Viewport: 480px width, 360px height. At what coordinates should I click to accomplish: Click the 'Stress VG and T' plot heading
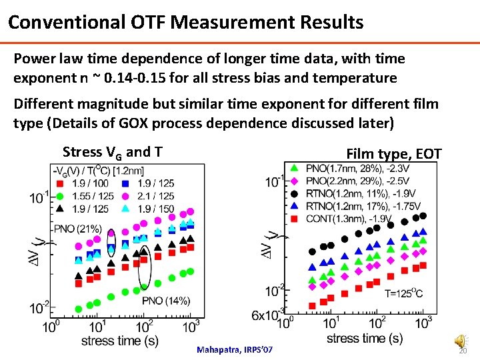tap(111, 151)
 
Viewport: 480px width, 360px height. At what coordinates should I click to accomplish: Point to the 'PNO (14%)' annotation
tap(166, 301)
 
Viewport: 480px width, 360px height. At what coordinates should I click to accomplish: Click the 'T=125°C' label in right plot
tap(403, 293)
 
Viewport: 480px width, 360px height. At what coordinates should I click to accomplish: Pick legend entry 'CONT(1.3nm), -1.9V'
tap(349, 219)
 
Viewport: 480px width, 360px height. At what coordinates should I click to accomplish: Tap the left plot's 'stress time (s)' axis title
tap(120, 341)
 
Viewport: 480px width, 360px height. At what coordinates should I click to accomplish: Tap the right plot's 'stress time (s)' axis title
tap(365, 338)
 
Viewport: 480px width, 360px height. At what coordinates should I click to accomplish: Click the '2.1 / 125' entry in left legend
tap(155, 196)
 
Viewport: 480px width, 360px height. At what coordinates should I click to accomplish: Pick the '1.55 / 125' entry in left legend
tap(90, 196)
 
